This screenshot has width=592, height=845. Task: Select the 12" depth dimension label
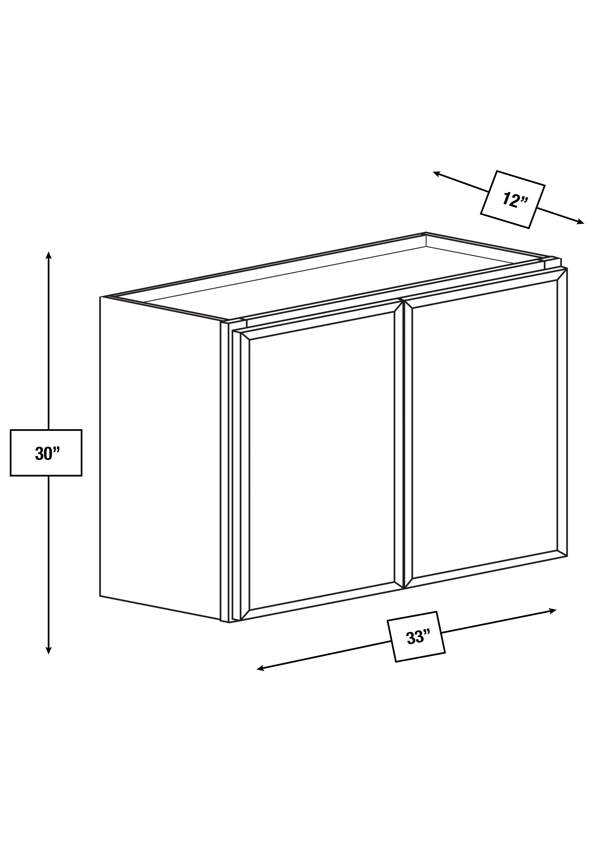tap(515, 200)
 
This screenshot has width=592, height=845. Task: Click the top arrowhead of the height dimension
tap(48, 255)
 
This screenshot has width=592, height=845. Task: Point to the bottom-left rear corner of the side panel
tap(100, 596)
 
